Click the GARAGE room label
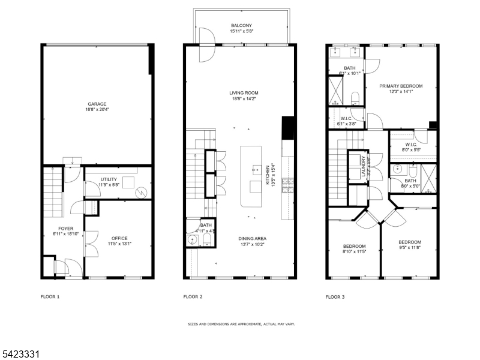coord(97,104)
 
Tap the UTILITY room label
coord(109,179)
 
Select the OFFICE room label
coord(119,238)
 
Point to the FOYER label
coord(65,229)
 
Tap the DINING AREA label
coord(252,238)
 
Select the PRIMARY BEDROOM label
coord(401,86)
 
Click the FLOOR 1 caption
coord(50,297)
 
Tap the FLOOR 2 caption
coord(193,297)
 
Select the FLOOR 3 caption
coord(335,297)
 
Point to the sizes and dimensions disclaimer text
coord(241,324)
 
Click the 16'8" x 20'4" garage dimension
coord(97,110)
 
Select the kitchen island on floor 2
coord(253,176)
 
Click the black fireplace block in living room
coord(287,127)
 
